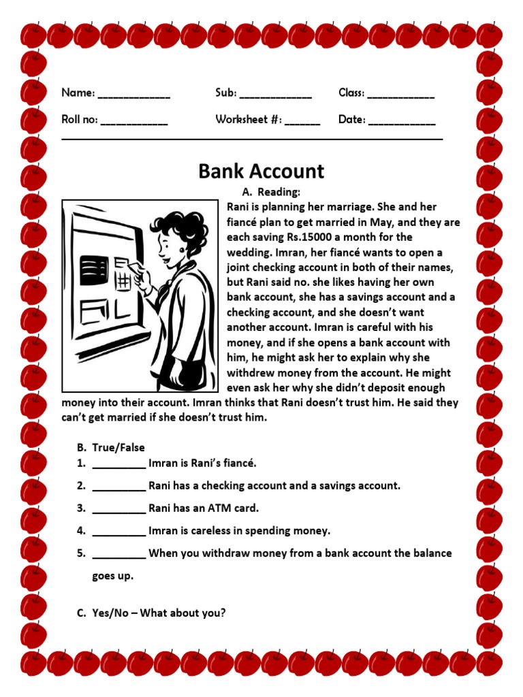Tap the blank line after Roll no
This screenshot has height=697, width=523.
[134, 123]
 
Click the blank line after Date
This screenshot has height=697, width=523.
[402, 123]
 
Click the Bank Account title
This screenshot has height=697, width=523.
[261, 171]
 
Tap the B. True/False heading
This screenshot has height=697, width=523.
[110, 447]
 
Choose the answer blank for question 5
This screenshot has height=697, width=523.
[118, 554]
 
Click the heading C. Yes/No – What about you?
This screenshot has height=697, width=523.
[150, 613]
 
